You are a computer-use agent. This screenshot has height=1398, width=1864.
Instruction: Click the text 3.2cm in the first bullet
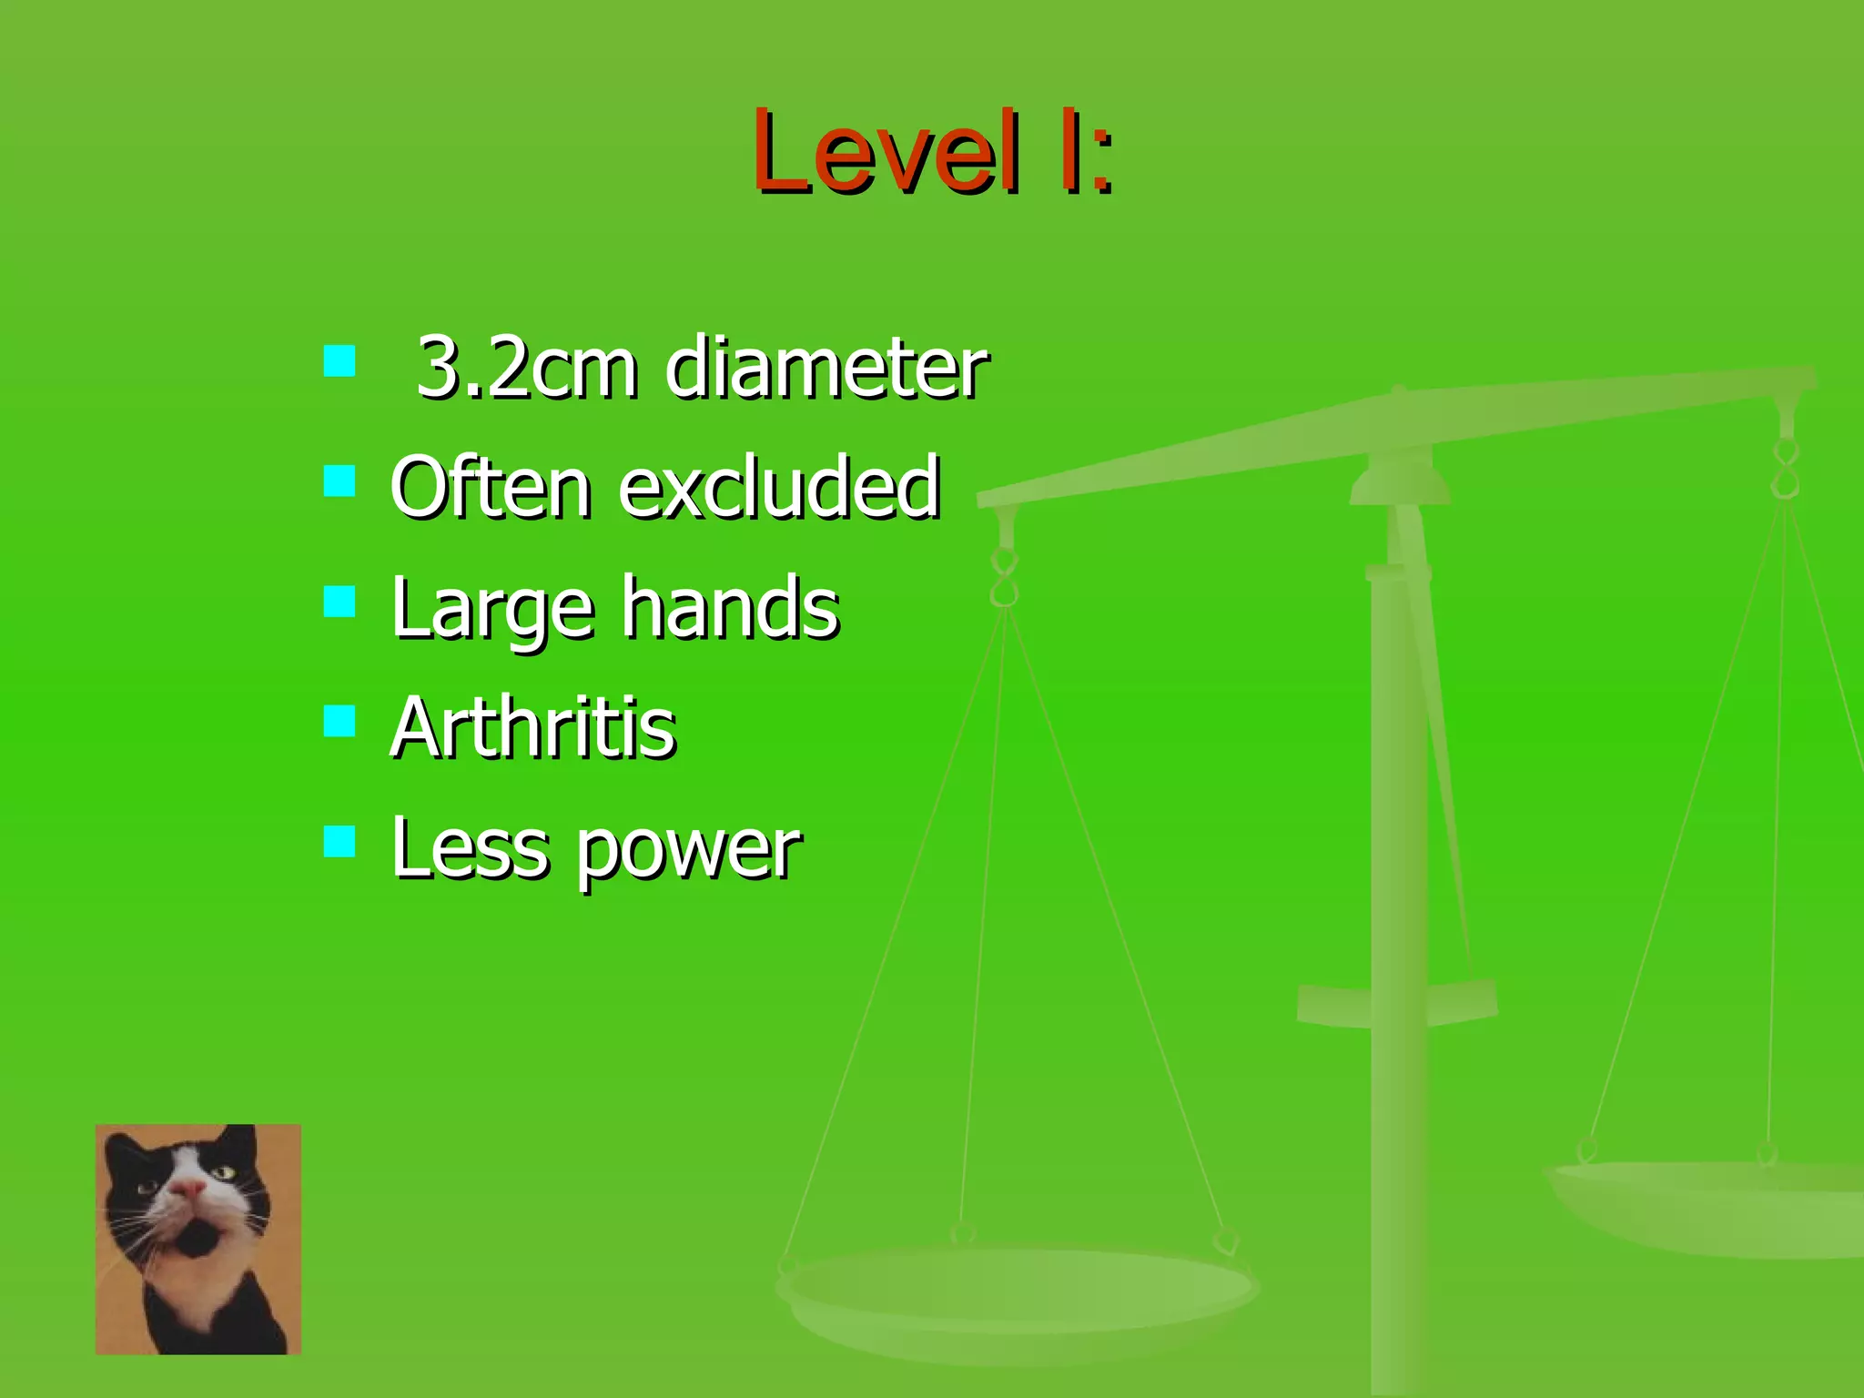pyautogui.click(x=526, y=368)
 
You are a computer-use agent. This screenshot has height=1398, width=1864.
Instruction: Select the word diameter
pyautogui.click(x=826, y=368)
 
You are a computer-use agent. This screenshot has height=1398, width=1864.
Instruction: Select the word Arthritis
pyautogui.click(x=533, y=727)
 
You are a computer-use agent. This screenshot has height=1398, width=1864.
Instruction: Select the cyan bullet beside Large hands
pyautogui.click(x=339, y=601)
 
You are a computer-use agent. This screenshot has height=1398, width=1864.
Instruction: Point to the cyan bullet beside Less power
pyautogui.click(x=339, y=841)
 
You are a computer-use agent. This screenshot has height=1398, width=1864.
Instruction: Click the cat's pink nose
pyautogui.click(x=188, y=1188)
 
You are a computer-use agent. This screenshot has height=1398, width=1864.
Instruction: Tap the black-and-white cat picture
pyautogui.click(x=198, y=1239)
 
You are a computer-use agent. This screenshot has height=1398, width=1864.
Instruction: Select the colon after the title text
pyautogui.click(x=1102, y=162)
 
